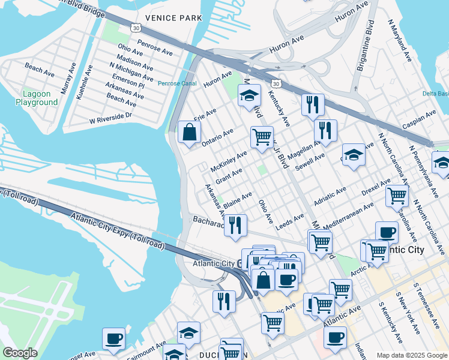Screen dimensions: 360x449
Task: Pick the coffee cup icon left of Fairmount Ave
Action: (113, 338)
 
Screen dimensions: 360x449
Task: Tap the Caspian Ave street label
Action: (421, 118)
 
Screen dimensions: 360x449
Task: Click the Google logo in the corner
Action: (20, 353)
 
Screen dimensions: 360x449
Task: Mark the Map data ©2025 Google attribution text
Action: (411, 355)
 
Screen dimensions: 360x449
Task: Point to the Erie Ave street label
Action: (205, 114)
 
